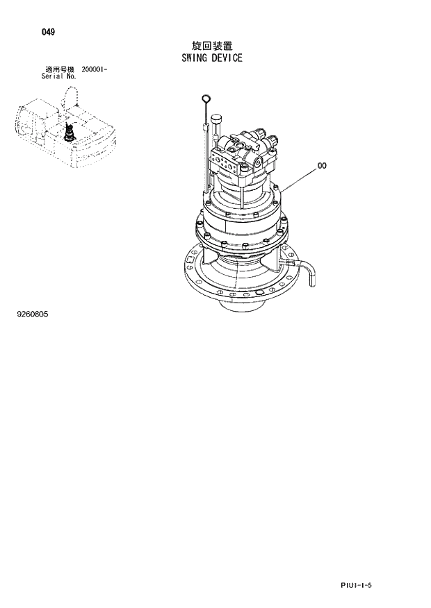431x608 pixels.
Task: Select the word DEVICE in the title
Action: pos(228,58)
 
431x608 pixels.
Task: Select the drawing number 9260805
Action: pos(33,314)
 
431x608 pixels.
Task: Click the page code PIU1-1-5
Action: pos(357,586)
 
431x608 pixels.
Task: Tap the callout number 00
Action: pos(322,166)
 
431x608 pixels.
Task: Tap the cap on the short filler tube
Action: pos(215,119)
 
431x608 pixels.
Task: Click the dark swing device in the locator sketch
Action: pos(70,132)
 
